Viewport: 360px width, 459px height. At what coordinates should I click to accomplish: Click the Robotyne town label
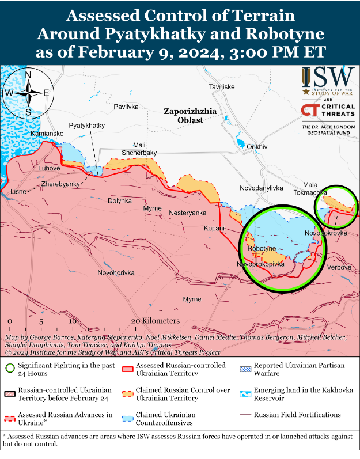pos(258,248)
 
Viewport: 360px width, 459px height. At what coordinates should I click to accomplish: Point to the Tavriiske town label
pos(222,86)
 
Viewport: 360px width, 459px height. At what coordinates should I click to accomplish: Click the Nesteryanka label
pos(187,213)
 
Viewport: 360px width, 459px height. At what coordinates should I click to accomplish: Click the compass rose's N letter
pos(28,74)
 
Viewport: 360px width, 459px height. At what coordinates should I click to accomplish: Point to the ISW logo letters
pos(327,76)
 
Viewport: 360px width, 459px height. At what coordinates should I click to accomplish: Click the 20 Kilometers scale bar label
pos(155,321)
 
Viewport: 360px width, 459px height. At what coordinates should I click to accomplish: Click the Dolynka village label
pos(120,201)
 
